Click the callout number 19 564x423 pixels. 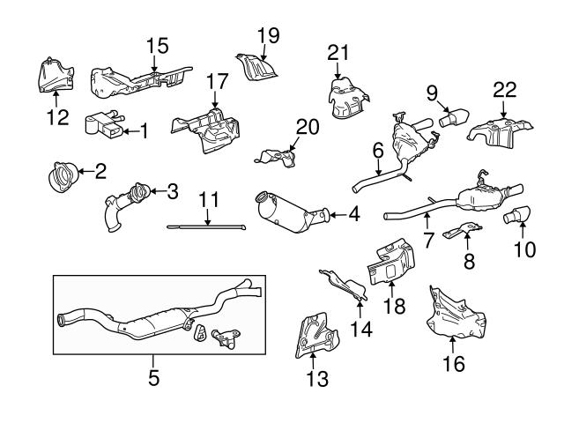point(268,35)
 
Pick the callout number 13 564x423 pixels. point(316,380)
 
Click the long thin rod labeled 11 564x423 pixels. point(207,226)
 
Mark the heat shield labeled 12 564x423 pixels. point(55,75)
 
